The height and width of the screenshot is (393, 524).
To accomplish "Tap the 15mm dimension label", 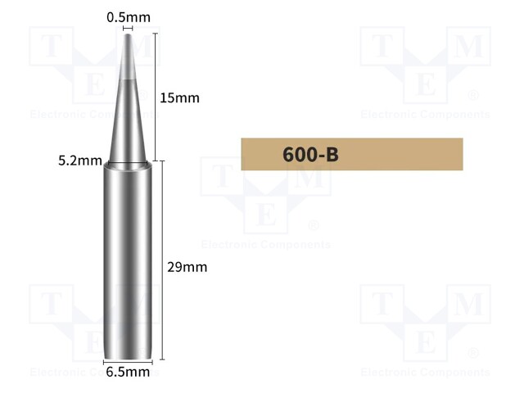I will click(179, 98).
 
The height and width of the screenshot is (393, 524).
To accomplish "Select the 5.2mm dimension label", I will click(80, 160).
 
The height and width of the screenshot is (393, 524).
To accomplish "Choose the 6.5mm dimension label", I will click(128, 373).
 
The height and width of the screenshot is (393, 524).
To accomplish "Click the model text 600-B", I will click(310, 154).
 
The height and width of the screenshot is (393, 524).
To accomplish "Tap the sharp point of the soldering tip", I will click(129, 34).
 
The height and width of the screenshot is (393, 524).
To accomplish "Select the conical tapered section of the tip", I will click(129, 106).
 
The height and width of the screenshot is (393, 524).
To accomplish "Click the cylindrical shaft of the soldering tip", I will click(129, 262).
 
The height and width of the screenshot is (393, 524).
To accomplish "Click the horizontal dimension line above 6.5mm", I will click(129, 360).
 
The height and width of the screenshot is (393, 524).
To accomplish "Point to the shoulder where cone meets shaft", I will click(129, 164).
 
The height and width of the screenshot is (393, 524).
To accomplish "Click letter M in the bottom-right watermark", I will click(469, 305).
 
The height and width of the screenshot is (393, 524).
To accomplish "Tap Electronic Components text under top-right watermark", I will click(425, 115).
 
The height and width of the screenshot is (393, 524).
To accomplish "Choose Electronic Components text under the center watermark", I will click(266, 245).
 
